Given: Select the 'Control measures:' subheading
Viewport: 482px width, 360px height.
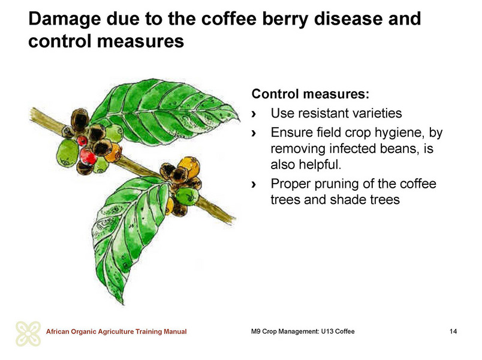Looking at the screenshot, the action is pyautogui.click(x=310, y=94).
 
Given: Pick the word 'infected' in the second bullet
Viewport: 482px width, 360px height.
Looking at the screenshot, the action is pyautogui.click(x=353, y=149).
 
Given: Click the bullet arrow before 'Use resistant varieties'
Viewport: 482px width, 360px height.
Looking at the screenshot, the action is pyautogui.click(x=254, y=114).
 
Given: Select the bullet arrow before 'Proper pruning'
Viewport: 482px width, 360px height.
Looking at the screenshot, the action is pyautogui.click(x=254, y=184).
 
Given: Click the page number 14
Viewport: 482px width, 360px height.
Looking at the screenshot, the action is pyautogui.click(x=453, y=331).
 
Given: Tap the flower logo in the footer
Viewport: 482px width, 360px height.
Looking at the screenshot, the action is pyautogui.click(x=28, y=334).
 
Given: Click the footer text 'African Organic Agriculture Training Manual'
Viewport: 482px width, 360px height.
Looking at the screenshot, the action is pyautogui.click(x=116, y=332).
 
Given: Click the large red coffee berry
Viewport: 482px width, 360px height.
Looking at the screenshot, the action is pyautogui.click(x=88, y=157).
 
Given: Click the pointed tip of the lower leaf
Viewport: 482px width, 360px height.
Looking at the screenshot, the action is pyautogui.click(x=123, y=304).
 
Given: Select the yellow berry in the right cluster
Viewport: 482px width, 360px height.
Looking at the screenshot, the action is pyautogui.click(x=189, y=166).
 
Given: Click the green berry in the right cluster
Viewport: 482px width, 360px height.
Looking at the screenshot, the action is pyautogui.click(x=186, y=197).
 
